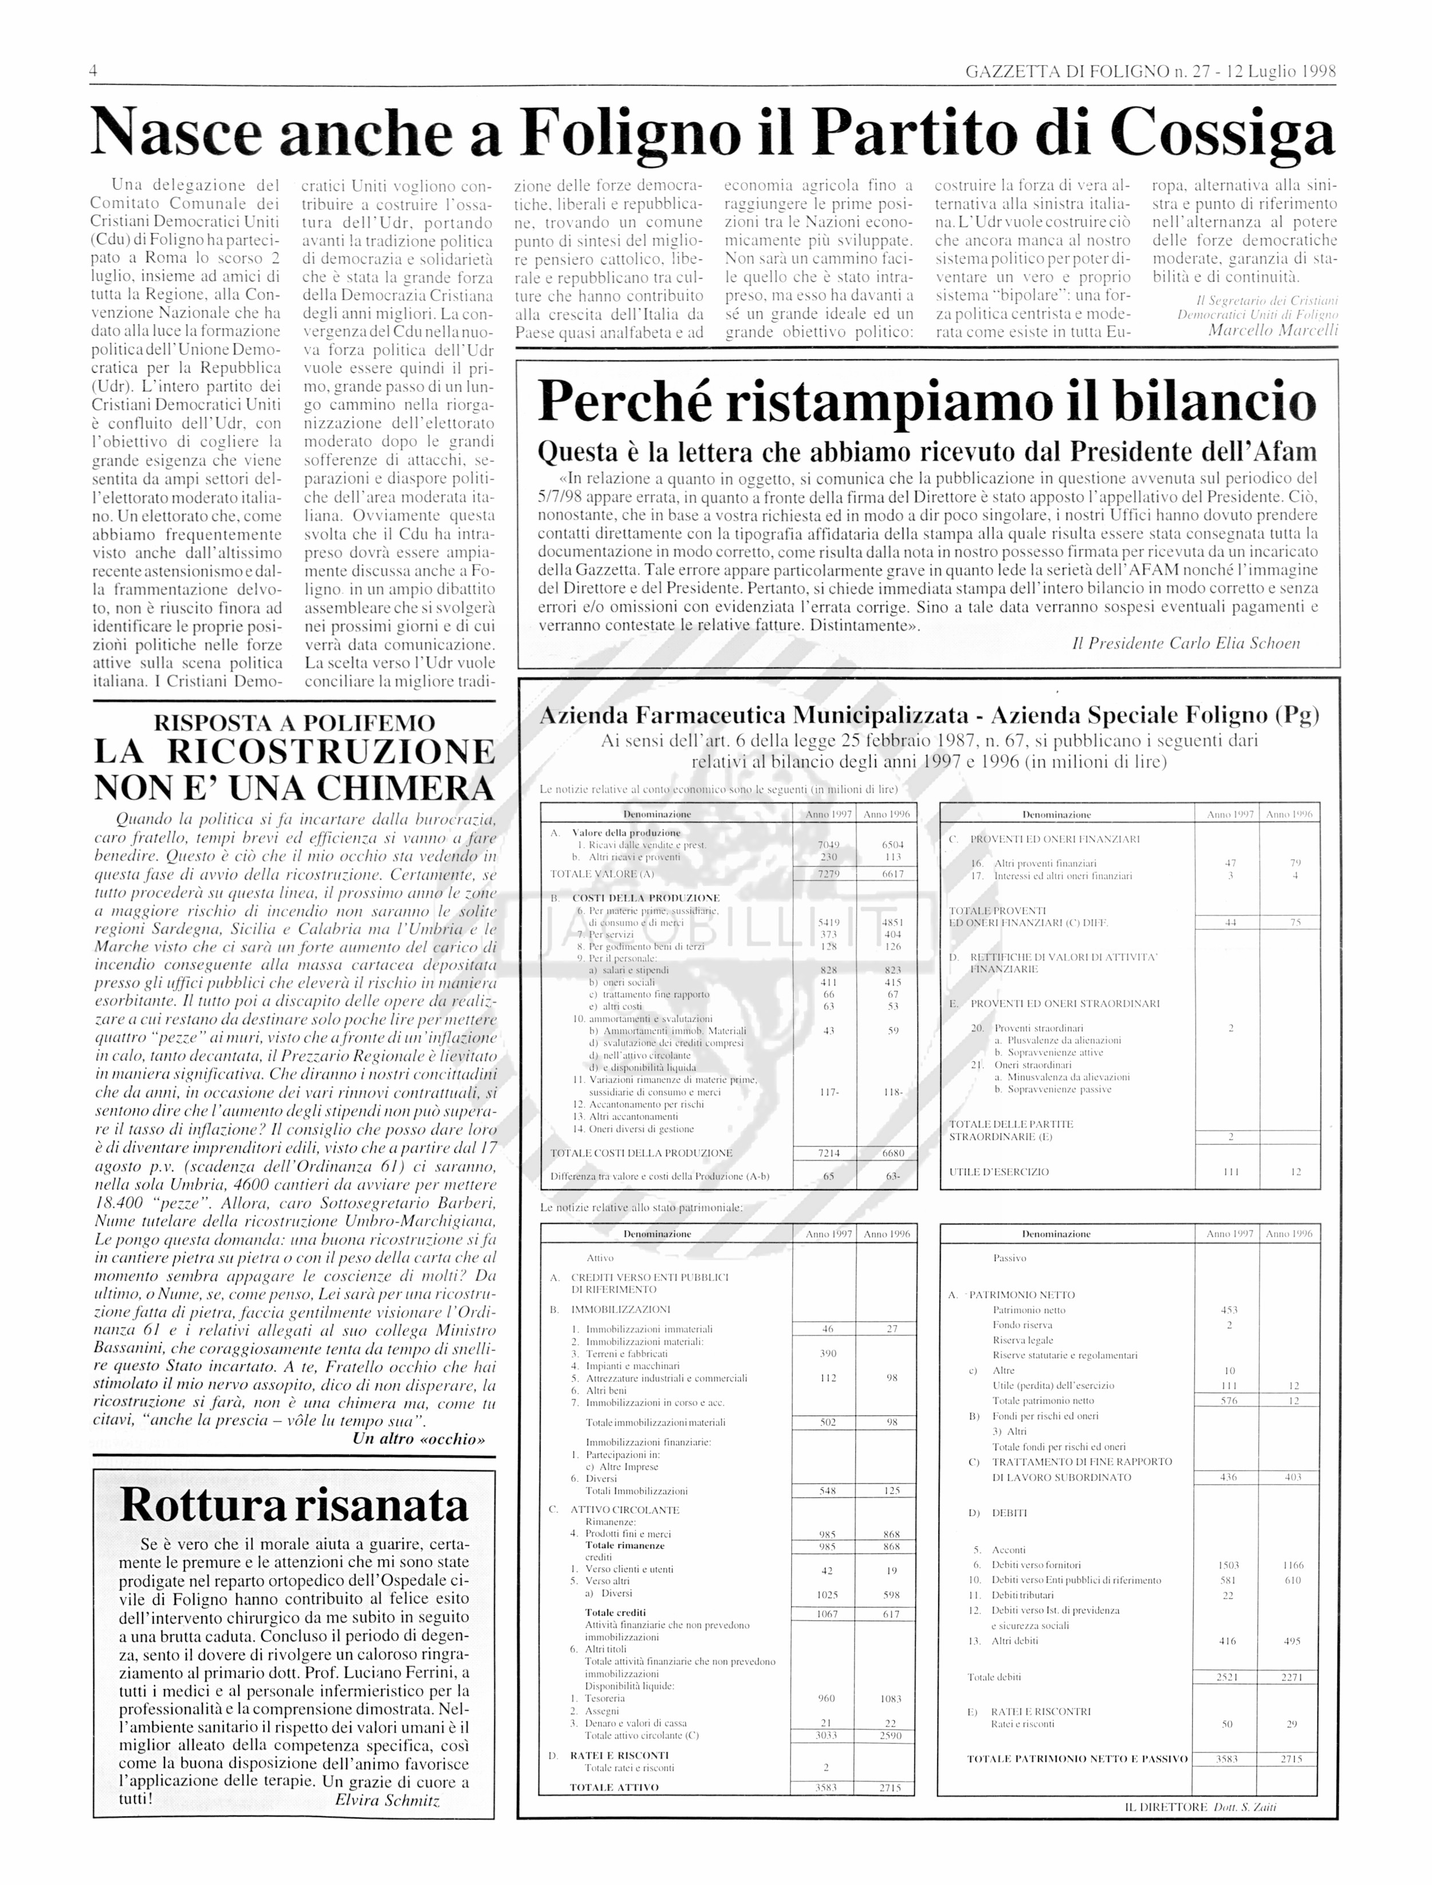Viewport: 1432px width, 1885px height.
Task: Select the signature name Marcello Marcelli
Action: pyautogui.click(x=1273, y=330)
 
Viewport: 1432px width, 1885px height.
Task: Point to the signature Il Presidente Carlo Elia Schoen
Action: pyautogui.click(x=1186, y=643)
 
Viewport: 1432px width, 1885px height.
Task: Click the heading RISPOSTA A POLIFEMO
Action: pyautogui.click(x=293, y=723)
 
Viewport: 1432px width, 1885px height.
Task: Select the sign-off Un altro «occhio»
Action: pyautogui.click(x=419, y=1439)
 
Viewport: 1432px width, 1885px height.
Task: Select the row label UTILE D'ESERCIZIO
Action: pyautogui.click(x=999, y=1172)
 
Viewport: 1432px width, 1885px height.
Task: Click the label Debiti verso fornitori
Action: pyautogui.click(x=1036, y=1565)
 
